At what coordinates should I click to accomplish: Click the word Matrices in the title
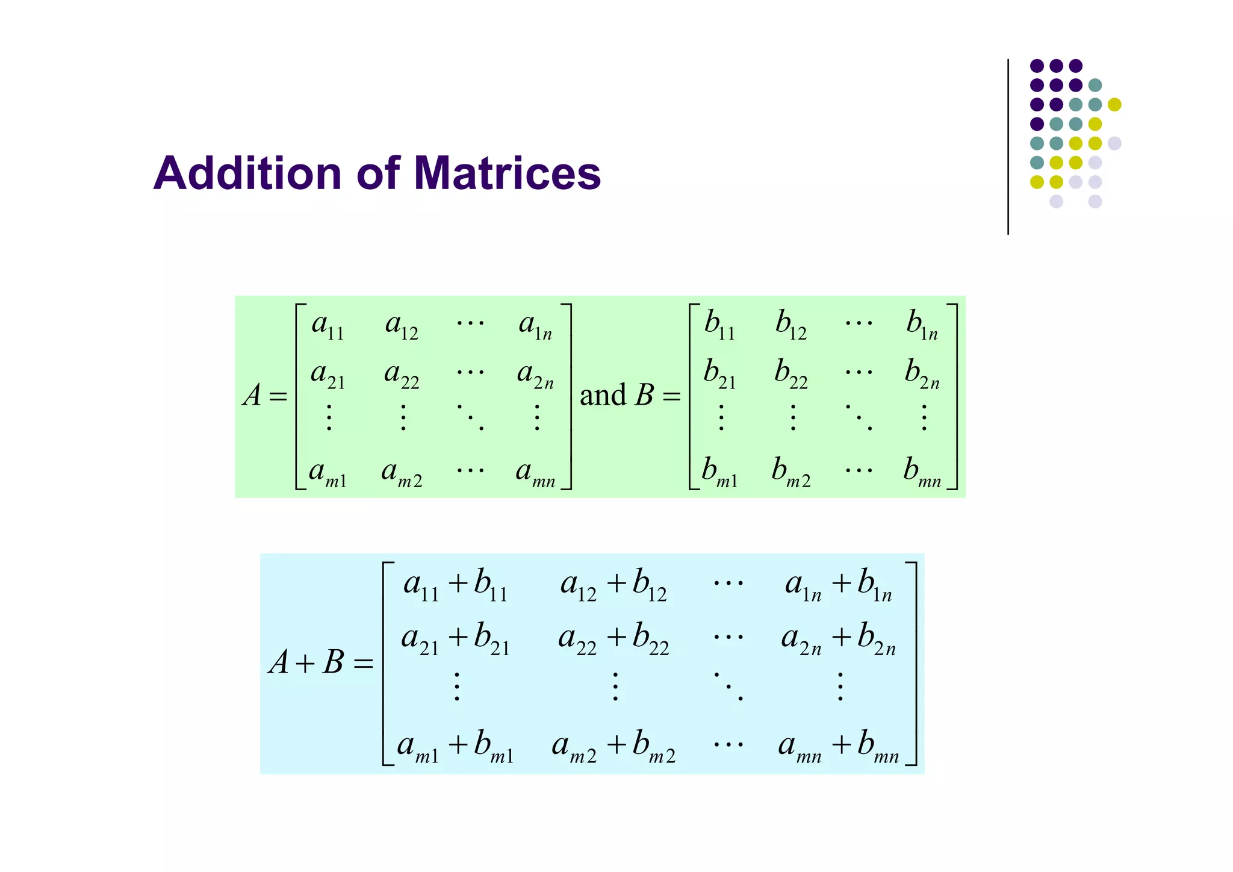tap(507, 173)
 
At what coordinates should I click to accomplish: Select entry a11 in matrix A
tap(328, 326)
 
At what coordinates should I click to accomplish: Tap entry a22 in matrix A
tap(402, 375)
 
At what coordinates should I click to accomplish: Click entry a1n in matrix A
tap(535, 326)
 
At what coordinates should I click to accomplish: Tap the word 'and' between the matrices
tap(603, 396)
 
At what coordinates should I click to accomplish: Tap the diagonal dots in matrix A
tap(470, 417)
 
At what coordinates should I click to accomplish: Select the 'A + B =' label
tap(321, 663)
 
